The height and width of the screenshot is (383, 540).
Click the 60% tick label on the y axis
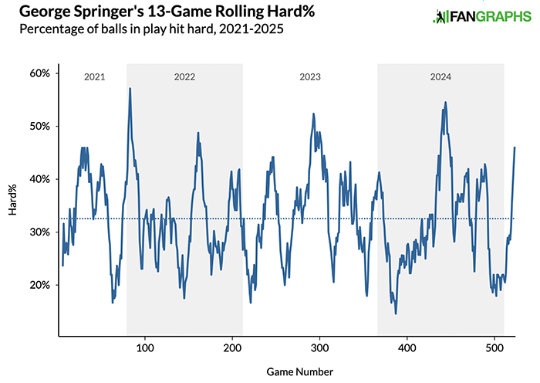40,73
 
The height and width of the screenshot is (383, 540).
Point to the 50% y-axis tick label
40,126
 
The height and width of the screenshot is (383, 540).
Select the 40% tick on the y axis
40,179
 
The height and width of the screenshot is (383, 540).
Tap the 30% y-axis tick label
40,232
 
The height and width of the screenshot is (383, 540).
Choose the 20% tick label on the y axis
40,285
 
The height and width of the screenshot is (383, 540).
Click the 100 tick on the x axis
144,348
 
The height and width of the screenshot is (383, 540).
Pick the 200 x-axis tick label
232,348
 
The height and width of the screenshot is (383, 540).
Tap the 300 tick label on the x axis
319,348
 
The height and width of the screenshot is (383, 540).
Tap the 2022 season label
184,77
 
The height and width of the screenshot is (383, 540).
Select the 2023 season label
309,77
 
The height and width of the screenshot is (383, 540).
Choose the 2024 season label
440,77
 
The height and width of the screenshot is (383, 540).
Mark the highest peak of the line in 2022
130,88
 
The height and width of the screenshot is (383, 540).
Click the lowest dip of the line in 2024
396,314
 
